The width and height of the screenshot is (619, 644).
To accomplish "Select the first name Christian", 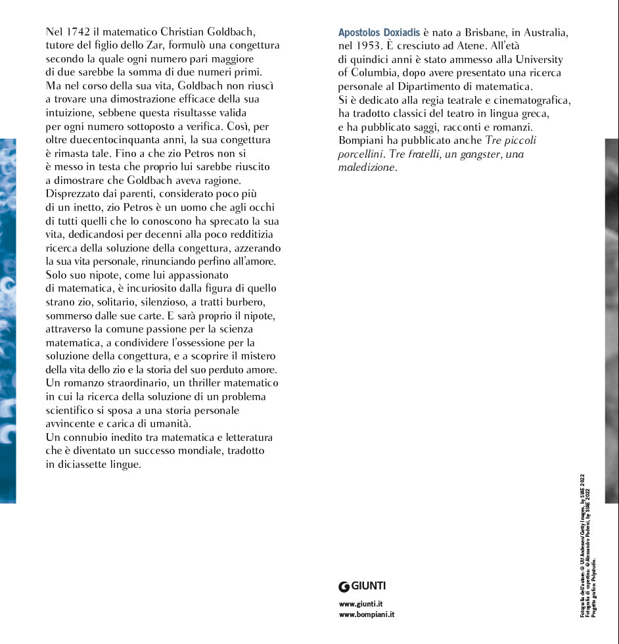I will tap(185, 32).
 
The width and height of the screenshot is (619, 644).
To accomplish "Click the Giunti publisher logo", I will tap(361, 586).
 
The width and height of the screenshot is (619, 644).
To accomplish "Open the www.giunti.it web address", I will tap(361, 604).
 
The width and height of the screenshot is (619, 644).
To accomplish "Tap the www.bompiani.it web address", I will tap(367, 615).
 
